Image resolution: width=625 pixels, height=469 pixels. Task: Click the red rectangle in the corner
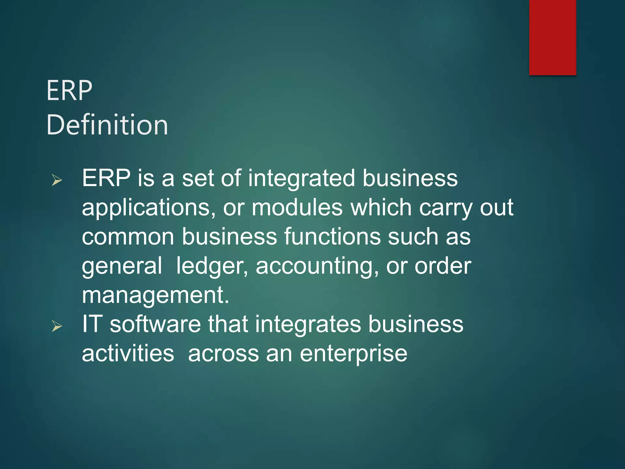552,37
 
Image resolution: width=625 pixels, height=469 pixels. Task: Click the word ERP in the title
69,91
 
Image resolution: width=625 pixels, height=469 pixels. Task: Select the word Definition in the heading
107,125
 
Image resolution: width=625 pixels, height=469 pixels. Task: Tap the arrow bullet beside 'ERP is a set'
57,180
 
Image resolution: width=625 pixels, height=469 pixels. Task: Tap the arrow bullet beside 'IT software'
57,326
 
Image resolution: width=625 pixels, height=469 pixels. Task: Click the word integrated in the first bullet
302,179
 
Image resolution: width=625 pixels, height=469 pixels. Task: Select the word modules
297,208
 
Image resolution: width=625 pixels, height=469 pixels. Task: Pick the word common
128,237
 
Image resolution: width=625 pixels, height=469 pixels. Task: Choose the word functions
332,237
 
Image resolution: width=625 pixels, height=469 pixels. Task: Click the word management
155,296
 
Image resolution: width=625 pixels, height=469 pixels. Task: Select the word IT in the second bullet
92,324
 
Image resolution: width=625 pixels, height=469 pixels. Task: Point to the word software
155,324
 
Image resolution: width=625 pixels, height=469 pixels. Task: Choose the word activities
128,354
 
